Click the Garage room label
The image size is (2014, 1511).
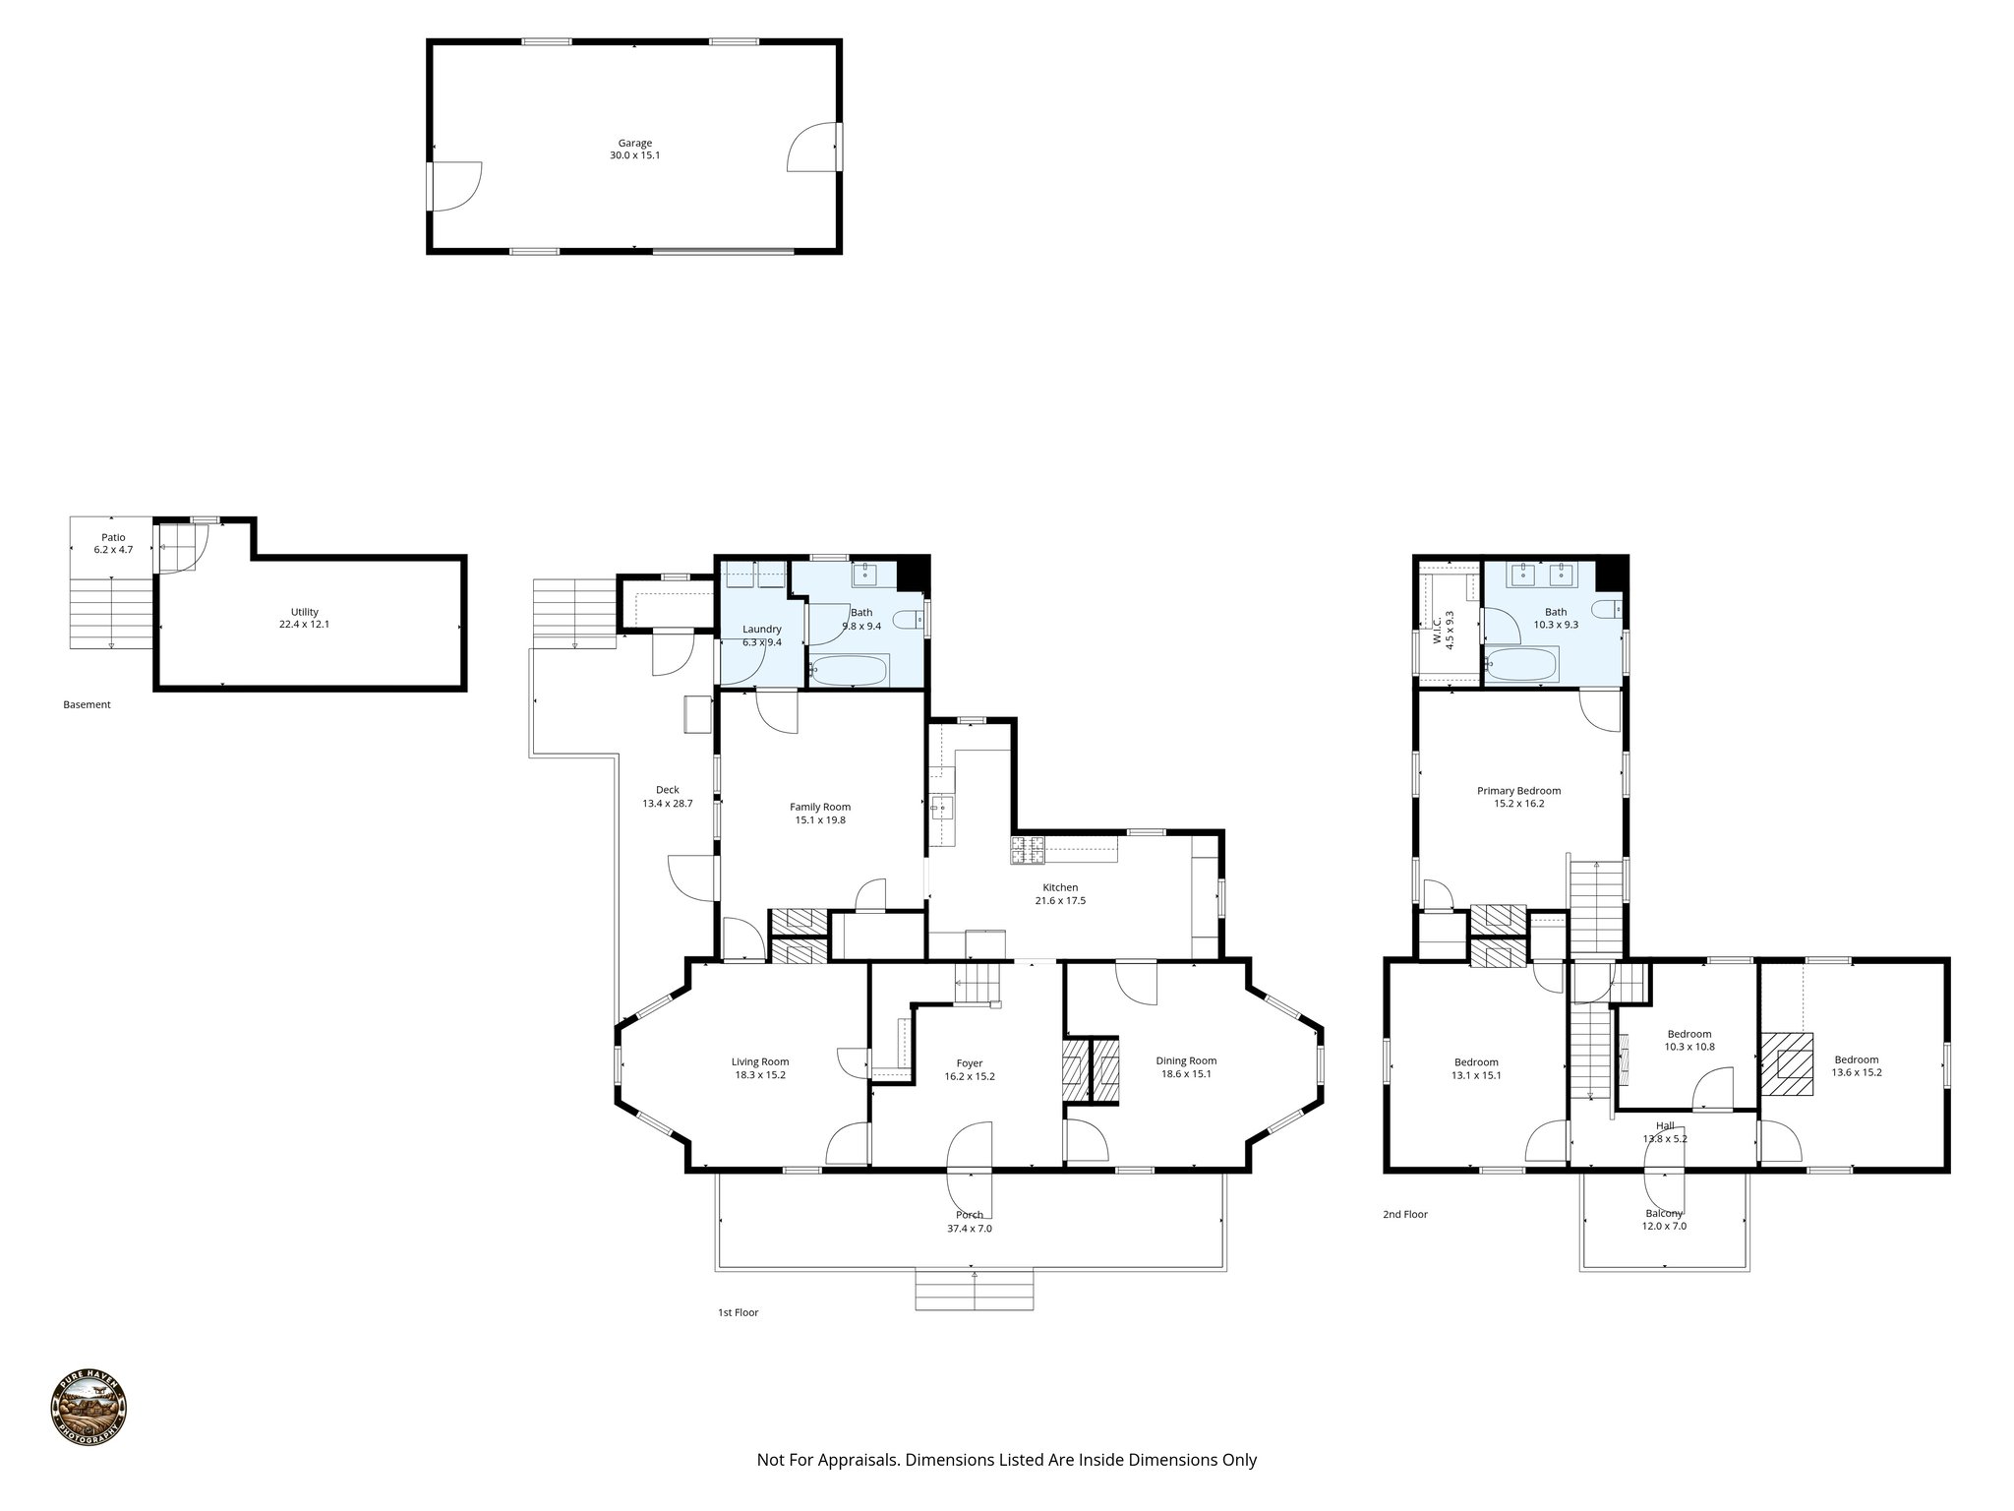(x=634, y=144)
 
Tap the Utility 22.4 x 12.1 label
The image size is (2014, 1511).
(x=304, y=618)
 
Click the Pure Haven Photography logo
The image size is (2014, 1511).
(x=89, y=1408)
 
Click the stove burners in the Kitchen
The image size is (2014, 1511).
(x=1028, y=850)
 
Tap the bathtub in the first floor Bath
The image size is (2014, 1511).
(x=851, y=672)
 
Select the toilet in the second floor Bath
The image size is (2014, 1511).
(x=1607, y=609)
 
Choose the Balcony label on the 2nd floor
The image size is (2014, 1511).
(x=1664, y=1219)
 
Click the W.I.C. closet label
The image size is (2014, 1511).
(x=1443, y=628)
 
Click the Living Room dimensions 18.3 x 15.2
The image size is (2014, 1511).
(x=760, y=1075)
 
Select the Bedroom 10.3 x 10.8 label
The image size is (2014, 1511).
(x=1689, y=1040)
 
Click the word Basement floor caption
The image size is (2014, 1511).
(x=87, y=704)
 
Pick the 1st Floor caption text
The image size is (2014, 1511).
(x=738, y=1312)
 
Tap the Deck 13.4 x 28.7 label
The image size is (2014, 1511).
(x=668, y=797)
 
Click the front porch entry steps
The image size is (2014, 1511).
(x=975, y=1291)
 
